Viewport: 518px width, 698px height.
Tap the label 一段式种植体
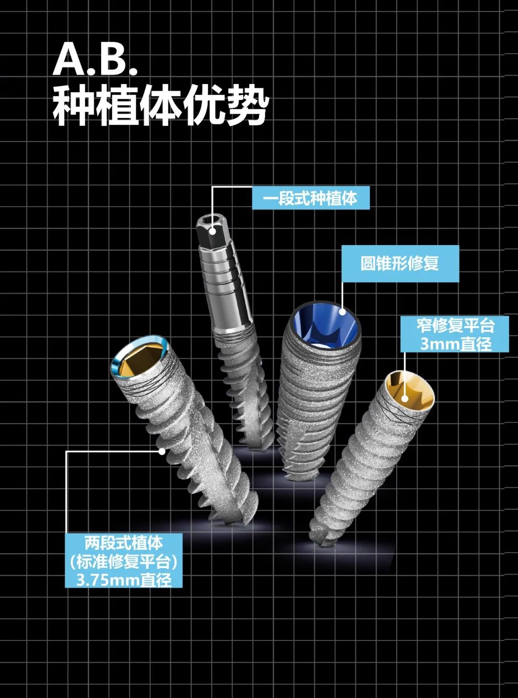311,198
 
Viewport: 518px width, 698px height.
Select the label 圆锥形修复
400,263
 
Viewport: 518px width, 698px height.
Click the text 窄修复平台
455,326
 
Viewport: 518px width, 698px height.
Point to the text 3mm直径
455,343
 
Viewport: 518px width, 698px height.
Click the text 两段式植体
124,543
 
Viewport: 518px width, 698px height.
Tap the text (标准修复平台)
124,561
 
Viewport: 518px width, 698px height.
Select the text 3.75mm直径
124,580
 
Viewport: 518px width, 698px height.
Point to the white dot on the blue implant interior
342,311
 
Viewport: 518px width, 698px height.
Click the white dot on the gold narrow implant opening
405,398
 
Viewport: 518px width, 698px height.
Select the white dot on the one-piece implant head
212,231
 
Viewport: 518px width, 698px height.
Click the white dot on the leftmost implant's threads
162,451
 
